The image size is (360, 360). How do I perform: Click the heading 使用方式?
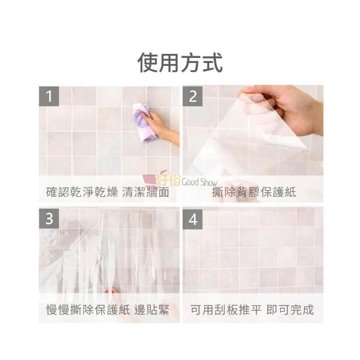(x=180, y=62)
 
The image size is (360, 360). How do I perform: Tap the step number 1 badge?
(x=49, y=96)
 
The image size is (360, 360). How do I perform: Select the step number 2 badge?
(x=192, y=96)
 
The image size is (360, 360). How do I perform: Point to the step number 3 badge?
(x=49, y=219)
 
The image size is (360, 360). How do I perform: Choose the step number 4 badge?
(x=192, y=219)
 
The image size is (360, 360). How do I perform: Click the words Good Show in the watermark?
(x=199, y=182)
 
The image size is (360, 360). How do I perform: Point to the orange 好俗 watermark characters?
(x=168, y=179)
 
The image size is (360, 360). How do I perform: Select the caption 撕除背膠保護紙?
(x=254, y=192)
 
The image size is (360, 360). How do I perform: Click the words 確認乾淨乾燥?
(x=82, y=192)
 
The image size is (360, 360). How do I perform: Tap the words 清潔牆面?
(x=146, y=192)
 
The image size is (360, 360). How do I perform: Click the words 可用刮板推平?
(x=226, y=310)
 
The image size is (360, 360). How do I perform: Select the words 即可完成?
(x=290, y=310)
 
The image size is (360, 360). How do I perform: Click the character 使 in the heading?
(x=147, y=62)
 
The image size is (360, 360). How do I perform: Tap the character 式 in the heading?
(x=213, y=62)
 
